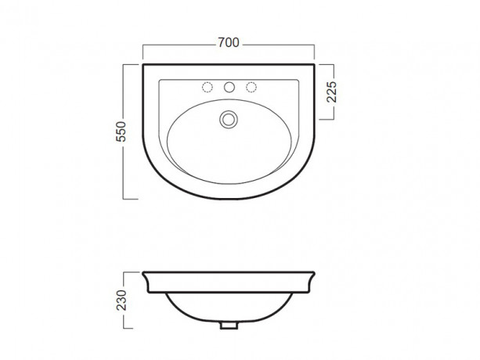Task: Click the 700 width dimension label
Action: click(x=229, y=42)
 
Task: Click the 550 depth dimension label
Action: click(x=121, y=131)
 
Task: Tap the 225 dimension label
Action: click(x=331, y=92)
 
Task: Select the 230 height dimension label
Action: click(x=121, y=300)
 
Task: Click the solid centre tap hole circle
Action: click(x=229, y=87)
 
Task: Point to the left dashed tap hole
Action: click(x=208, y=87)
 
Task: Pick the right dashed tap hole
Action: click(x=251, y=87)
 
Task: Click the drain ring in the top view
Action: click(x=229, y=119)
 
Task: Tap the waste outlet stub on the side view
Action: click(x=229, y=325)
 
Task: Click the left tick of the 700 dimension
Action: click(x=143, y=52)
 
